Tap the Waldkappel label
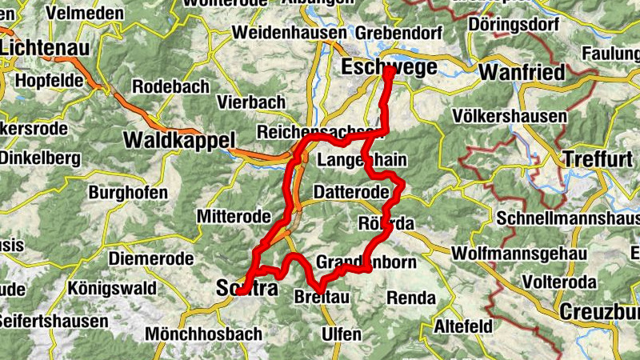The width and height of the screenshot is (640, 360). click(x=178, y=140)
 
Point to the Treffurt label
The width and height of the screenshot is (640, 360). click(x=597, y=158)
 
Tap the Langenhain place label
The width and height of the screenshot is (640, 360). click(x=357, y=161)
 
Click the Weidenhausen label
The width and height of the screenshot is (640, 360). click(x=289, y=34)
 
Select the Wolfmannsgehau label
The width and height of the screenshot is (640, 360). click(x=519, y=254)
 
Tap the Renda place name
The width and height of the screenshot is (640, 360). click(x=411, y=298)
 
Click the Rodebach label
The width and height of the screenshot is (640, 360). click(x=170, y=86)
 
